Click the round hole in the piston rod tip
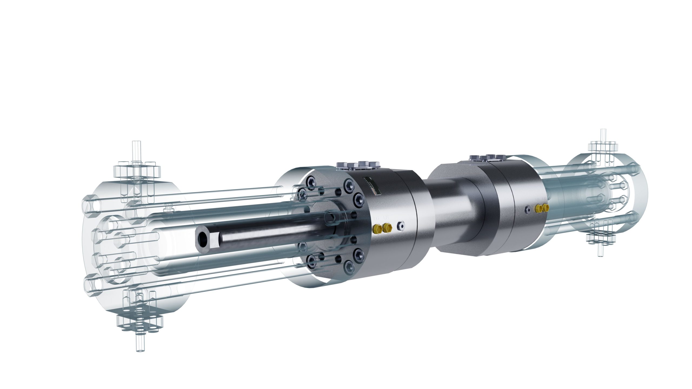[x=202, y=238]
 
